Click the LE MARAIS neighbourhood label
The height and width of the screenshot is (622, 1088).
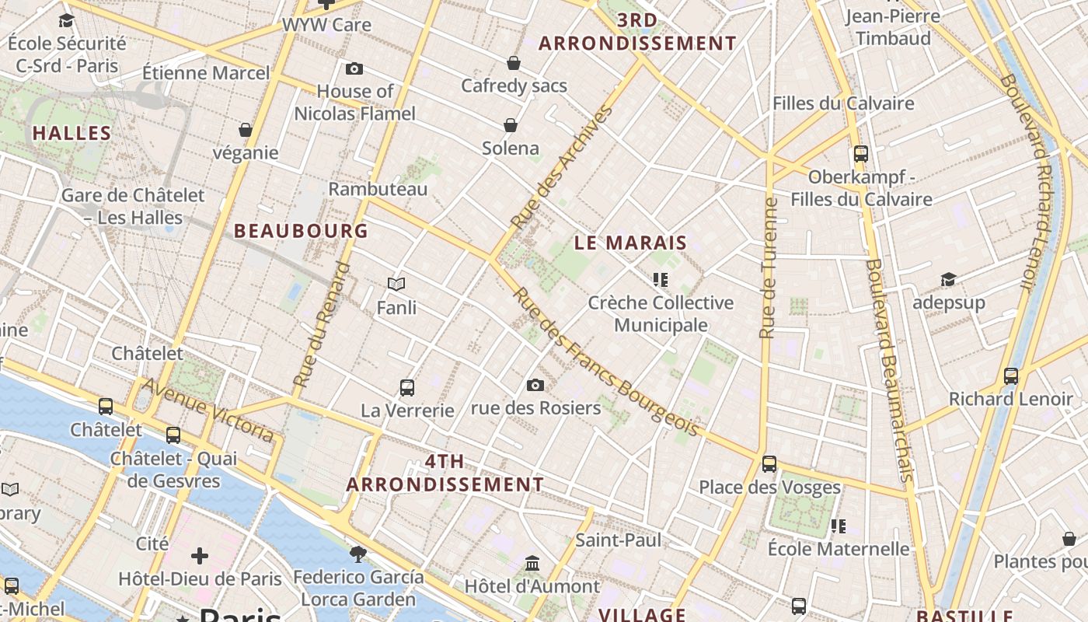pos(630,243)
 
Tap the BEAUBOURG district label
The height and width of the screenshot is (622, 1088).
pos(301,231)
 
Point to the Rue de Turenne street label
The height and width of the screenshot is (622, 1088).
pos(768,268)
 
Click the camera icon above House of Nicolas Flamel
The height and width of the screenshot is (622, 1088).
pos(354,69)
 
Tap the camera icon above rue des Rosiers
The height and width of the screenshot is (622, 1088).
pos(535,385)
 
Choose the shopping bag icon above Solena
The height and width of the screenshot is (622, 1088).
pos(511,125)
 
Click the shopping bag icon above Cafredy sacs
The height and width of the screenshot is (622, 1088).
pos(513,63)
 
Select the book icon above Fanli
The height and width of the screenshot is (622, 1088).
pos(396,285)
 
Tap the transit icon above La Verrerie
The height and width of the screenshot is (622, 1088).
pos(406,387)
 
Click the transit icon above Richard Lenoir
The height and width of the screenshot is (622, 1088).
pos(1010,376)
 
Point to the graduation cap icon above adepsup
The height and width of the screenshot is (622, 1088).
pos(948,280)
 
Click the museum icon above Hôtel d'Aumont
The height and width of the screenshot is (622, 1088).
pos(532,562)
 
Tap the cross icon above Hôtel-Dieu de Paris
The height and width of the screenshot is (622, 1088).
pos(200,555)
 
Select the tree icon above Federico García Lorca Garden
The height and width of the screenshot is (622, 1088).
pos(358,554)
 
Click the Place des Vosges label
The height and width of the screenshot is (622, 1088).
pos(769,487)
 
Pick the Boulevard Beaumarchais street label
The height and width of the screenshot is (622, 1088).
pos(887,369)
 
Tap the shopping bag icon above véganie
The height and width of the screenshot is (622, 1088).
pos(246,130)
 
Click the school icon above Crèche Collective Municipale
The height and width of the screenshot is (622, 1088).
pos(661,280)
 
